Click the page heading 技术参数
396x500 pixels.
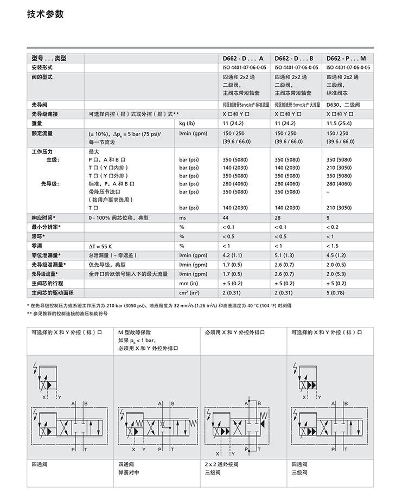click(x=46, y=14)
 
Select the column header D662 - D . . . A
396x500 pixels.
click(x=242, y=58)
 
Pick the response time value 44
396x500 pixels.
click(x=226, y=217)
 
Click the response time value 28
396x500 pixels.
click(x=278, y=217)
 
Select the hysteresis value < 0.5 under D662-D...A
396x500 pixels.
click(x=230, y=236)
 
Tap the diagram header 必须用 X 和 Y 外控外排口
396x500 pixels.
click(x=235, y=332)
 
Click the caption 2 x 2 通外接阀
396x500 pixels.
click(x=221, y=464)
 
